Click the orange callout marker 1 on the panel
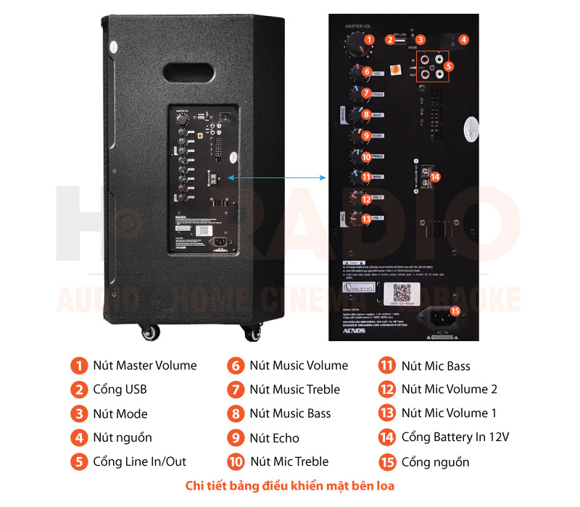[x=369, y=40]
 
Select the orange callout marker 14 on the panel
[x=435, y=175]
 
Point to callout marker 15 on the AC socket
[x=455, y=311]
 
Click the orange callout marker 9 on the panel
[x=366, y=135]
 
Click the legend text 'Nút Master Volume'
[x=145, y=366]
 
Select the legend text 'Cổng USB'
[x=120, y=390]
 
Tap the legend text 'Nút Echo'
[x=274, y=437]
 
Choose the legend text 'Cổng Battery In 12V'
[x=455, y=437]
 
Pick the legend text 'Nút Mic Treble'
[x=289, y=461]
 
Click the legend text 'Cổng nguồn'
[x=435, y=461]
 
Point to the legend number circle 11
[x=387, y=366]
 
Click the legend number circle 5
[x=78, y=461]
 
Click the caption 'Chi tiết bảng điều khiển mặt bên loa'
[x=290, y=485]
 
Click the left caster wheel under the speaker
[x=150, y=332]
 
